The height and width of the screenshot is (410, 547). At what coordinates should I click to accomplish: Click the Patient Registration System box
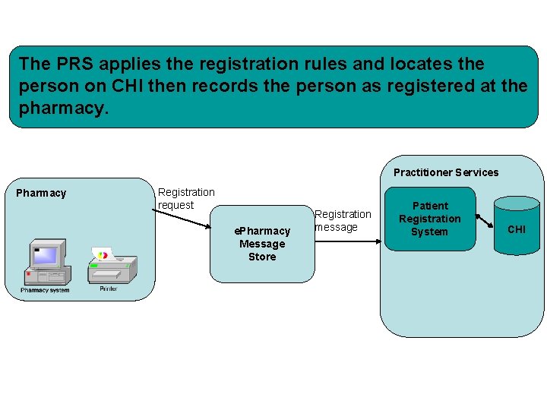429,219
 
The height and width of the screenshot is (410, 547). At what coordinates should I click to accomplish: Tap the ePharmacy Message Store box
262,244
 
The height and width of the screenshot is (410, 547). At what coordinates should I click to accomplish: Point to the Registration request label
186,199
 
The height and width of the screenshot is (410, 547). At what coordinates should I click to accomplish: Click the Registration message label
343,220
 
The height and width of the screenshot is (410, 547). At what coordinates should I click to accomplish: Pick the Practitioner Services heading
446,172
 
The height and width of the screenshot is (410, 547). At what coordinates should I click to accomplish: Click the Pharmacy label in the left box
41,193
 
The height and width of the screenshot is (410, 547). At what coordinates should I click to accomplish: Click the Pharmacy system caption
45,290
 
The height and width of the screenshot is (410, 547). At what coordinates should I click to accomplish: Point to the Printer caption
109,289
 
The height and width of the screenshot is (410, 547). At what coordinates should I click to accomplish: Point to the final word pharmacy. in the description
64,108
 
